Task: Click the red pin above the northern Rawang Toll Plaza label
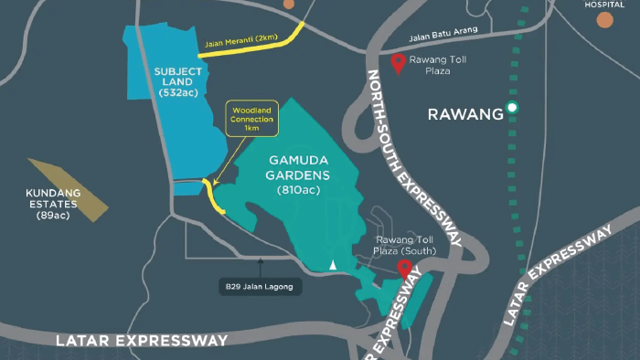(x=398, y=63)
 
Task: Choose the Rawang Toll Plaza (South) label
(x=405, y=245)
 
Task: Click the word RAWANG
(x=466, y=114)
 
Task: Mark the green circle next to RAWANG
(x=513, y=109)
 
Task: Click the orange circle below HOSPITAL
(x=605, y=19)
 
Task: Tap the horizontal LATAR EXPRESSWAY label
(x=141, y=340)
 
